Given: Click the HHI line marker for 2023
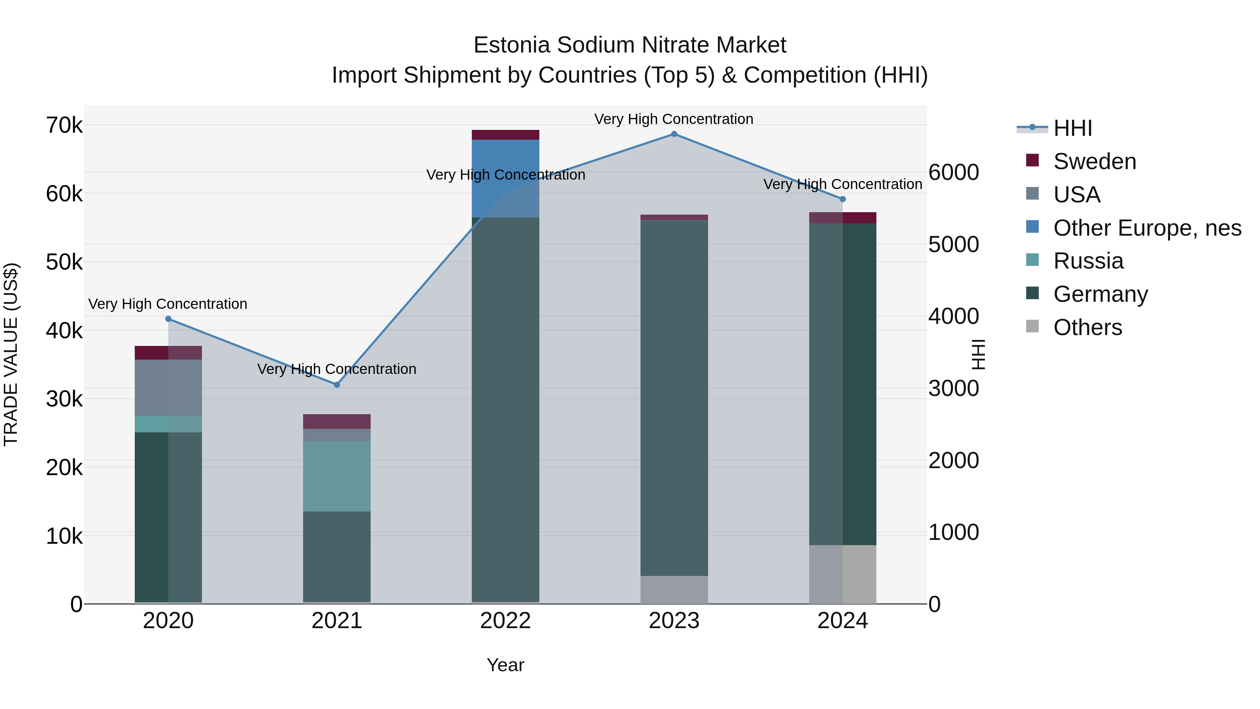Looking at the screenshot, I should (674, 134).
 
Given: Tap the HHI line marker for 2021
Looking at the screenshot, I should (336, 384).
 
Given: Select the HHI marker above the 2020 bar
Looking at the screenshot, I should (168, 319).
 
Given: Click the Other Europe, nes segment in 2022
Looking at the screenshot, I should (505, 178).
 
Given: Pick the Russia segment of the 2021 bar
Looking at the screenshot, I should (336, 476).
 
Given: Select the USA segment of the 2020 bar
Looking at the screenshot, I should (168, 388).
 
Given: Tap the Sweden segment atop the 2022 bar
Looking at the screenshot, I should (505, 135).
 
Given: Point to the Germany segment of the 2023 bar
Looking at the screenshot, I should (674, 398).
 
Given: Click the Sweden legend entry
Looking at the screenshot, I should (1094, 161).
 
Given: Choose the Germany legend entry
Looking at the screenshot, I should (1100, 294).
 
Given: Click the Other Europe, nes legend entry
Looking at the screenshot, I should (1147, 228).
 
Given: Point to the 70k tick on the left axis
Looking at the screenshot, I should (64, 126).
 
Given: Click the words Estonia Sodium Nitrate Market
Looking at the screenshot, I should (630, 45).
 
